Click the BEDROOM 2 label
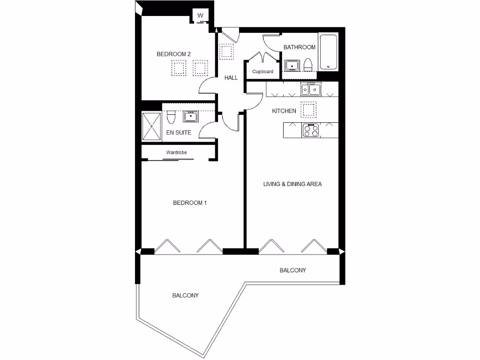tap(173, 54)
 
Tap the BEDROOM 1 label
tap(190, 203)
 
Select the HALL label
tap(231, 78)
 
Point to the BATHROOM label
tap(300, 47)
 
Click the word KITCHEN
tap(284, 111)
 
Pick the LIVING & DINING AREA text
tap(292, 184)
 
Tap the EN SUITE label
tap(179, 133)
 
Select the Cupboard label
tap(262, 72)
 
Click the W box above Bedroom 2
tap(201, 16)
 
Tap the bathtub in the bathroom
tap(328, 52)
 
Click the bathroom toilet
tap(308, 65)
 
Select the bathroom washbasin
tap(292, 65)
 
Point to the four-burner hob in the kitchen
tap(310, 130)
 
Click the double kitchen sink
tap(310, 89)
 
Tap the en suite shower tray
tap(152, 126)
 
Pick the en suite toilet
tap(171, 115)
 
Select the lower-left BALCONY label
tap(185, 296)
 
